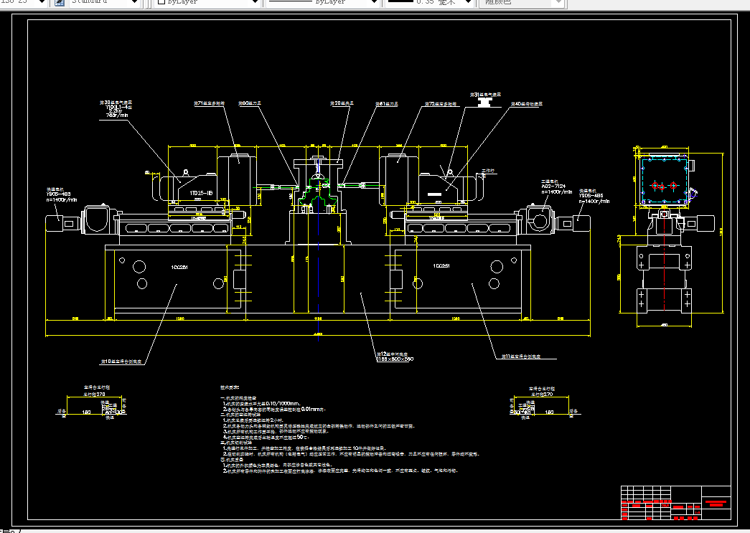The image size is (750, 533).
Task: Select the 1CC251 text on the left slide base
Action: [179, 267]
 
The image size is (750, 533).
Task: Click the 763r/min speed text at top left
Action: [116, 114]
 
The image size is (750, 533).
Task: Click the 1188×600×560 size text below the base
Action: [395, 359]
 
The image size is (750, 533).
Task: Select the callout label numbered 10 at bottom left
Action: [124, 361]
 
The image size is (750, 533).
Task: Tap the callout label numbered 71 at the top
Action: [209, 103]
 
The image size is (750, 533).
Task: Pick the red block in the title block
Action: [716, 502]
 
